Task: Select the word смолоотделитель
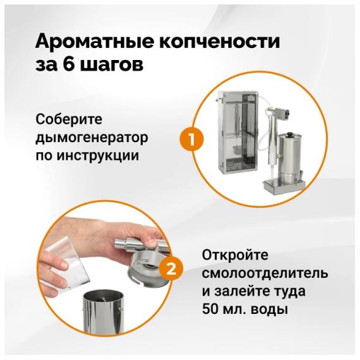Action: (265, 273)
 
